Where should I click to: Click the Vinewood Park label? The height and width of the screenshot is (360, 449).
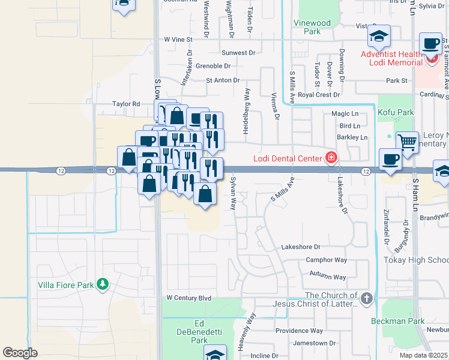point(312,27)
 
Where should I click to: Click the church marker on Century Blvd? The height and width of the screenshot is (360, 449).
point(366,298)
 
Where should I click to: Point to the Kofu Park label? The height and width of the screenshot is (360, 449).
point(396,112)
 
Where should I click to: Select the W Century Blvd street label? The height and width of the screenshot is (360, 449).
point(189,298)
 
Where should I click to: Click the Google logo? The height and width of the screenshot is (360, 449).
point(20,353)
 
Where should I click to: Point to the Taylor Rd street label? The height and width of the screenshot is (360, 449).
point(126,104)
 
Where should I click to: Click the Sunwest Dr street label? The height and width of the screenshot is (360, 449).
point(238,53)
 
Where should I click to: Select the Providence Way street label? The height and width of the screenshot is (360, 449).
point(299,331)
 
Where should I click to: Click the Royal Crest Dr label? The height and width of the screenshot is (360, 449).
point(319,95)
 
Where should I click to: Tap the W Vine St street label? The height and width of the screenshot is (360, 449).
point(178,39)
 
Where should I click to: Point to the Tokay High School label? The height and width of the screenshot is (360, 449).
point(416,260)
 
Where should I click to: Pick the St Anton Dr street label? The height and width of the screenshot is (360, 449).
point(223,80)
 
